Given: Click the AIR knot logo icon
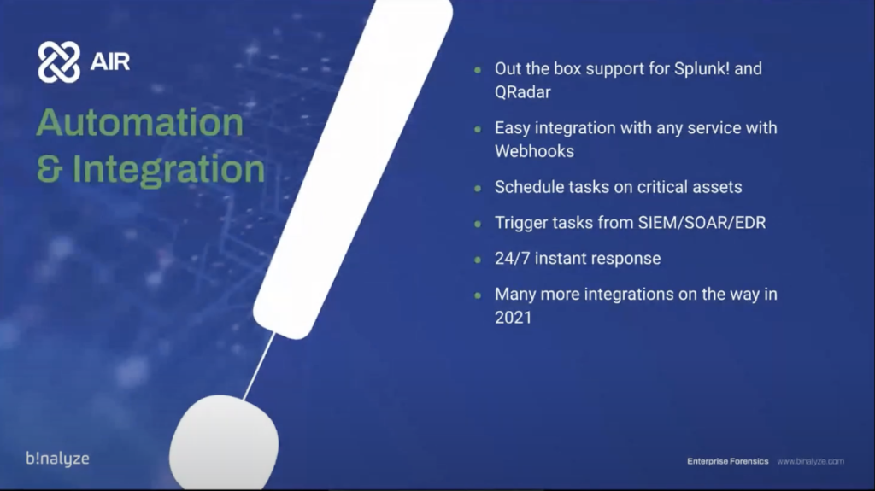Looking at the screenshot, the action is [x=59, y=62].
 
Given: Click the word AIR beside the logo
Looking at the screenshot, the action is [x=110, y=61].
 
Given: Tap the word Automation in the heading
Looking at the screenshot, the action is [x=140, y=122].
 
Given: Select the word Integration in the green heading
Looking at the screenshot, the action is [x=168, y=168].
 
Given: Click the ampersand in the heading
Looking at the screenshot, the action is [x=49, y=168].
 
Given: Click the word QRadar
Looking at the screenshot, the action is [x=522, y=92].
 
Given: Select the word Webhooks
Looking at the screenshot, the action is [x=534, y=151].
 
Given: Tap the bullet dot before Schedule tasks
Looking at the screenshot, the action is [x=478, y=189].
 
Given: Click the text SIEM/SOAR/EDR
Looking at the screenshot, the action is [x=702, y=223].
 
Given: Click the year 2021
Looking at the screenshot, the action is [x=513, y=318].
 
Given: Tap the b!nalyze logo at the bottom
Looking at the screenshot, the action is [x=57, y=459].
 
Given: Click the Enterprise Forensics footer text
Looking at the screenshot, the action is [x=728, y=461].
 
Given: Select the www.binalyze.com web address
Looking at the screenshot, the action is [x=810, y=461].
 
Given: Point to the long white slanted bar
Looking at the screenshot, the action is [x=353, y=167].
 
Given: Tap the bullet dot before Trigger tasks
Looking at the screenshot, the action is [x=478, y=225].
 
